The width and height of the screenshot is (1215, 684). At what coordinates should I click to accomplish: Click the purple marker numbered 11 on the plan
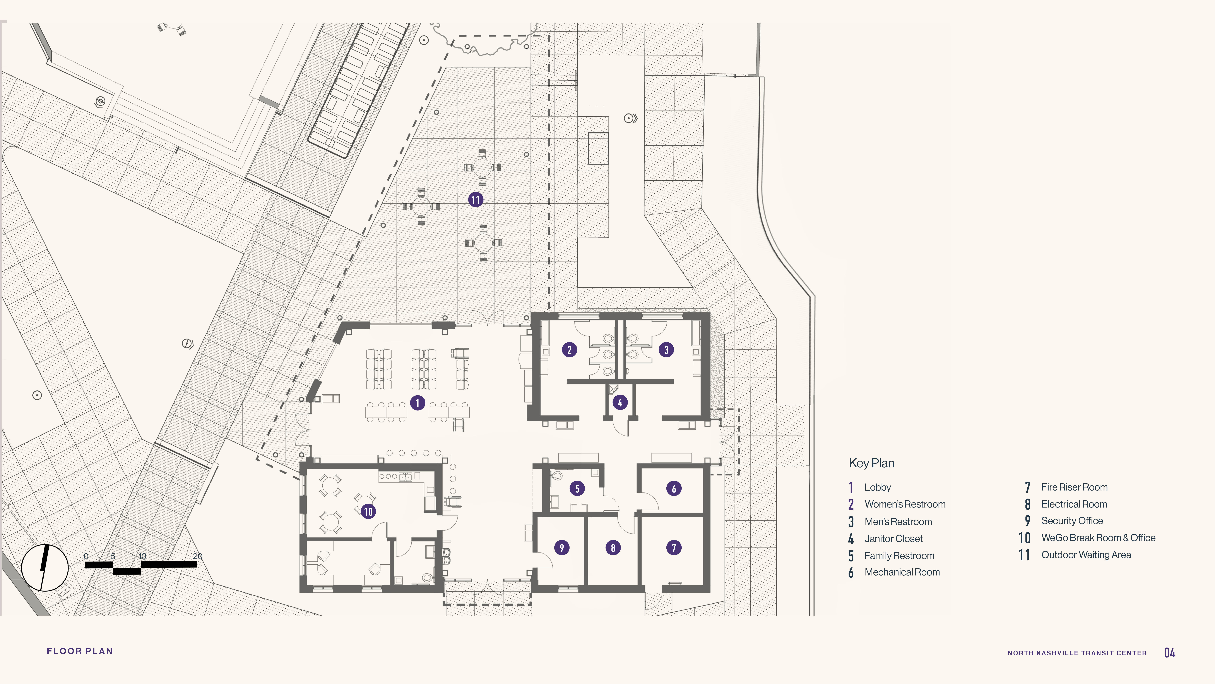tap(475, 200)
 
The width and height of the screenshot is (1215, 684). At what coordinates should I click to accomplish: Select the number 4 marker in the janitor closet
tap(620, 403)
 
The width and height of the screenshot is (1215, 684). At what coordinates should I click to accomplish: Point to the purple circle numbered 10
tap(368, 511)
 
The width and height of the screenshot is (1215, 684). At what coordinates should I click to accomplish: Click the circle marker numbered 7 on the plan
tap(674, 548)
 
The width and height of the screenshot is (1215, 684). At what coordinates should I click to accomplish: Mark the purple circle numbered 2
tap(569, 350)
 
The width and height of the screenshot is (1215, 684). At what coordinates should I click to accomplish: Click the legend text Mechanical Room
tap(902, 572)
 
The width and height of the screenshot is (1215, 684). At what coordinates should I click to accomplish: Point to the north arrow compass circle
tap(45, 568)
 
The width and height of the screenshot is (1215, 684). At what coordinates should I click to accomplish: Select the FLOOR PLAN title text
tap(80, 651)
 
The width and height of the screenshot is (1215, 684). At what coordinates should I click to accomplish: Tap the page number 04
tap(1170, 653)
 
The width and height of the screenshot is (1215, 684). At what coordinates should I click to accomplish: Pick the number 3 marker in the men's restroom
tap(666, 350)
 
